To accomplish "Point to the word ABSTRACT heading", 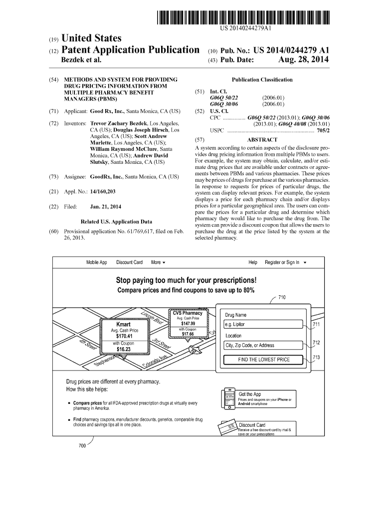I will (262, 140).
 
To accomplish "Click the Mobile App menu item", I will (97, 262).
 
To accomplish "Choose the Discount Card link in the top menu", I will (129, 262).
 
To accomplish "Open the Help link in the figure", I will (253, 262).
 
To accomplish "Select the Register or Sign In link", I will (282, 262).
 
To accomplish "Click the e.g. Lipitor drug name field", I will (264, 324).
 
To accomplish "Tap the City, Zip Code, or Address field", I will (264, 345).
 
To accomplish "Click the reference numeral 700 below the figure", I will (83, 445).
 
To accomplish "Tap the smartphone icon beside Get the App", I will (229, 398).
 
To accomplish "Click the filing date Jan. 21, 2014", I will (105, 207).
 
